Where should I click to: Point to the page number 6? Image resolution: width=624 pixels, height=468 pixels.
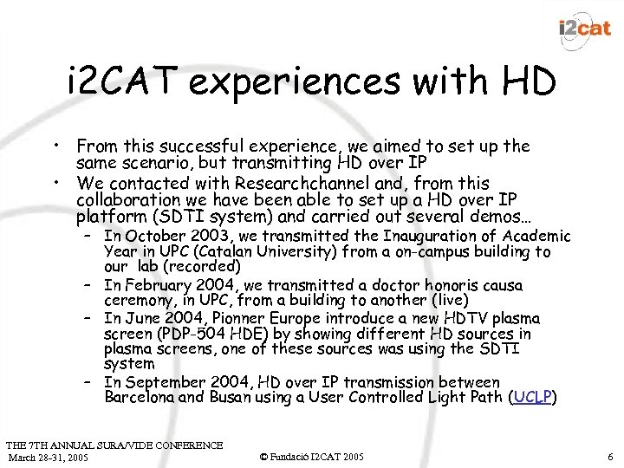tap(611, 456)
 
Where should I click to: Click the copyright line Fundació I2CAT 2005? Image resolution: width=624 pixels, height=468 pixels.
tap(313, 456)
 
